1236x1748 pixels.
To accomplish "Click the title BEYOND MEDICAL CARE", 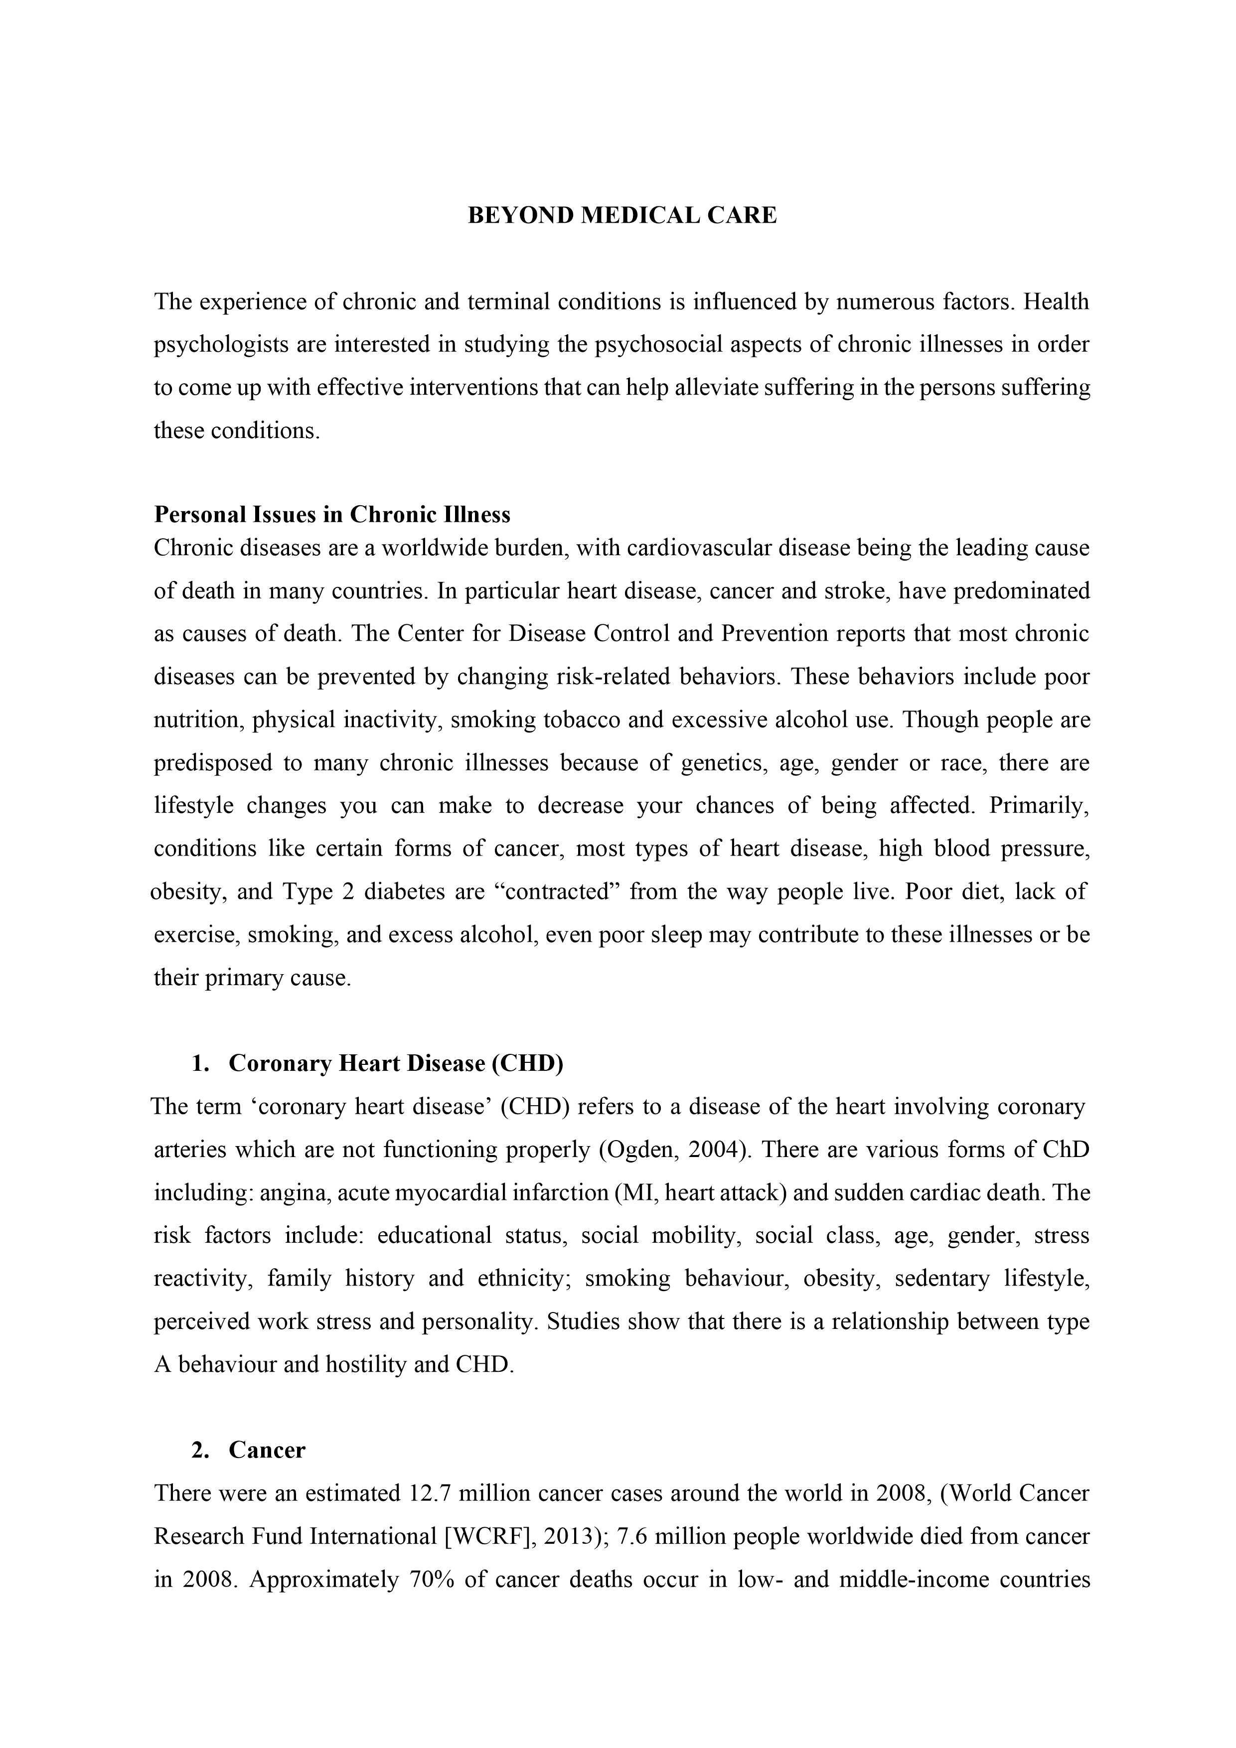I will coord(621,216).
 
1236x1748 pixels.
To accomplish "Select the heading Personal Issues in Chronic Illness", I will coord(332,515).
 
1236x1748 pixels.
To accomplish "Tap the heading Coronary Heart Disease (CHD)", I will coord(396,1063).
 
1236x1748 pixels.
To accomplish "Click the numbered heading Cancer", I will coord(267,1451).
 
